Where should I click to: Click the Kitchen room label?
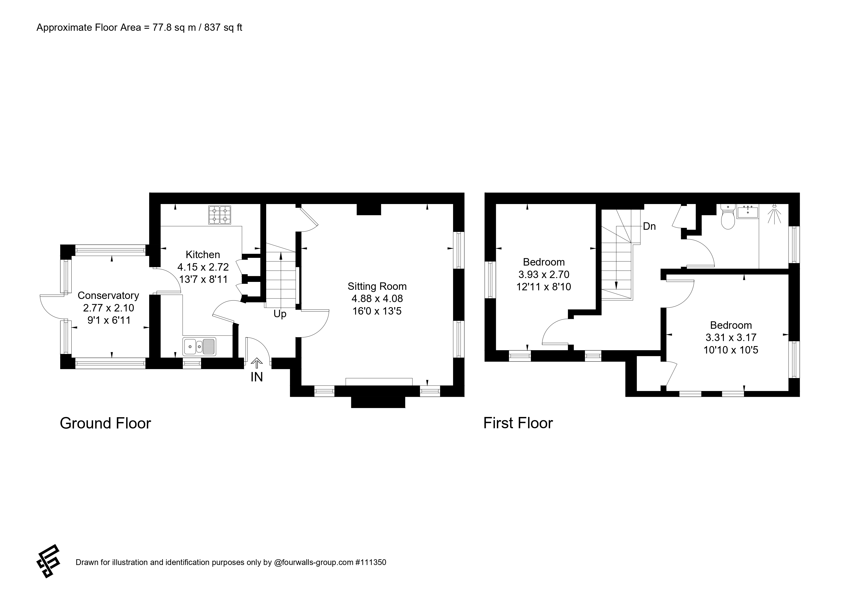[203, 255]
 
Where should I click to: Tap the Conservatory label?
[108, 296]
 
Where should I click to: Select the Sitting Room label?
[377, 286]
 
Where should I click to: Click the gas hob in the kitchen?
[220, 215]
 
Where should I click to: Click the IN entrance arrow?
[257, 364]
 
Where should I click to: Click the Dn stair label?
[649, 226]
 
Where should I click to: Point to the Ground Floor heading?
[105, 423]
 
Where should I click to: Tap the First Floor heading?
[518, 423]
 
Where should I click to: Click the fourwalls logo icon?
[48, 561]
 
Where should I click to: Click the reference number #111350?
[371, 562]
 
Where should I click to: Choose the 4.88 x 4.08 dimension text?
[377, 298]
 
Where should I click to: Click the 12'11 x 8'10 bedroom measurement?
[544, 287]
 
